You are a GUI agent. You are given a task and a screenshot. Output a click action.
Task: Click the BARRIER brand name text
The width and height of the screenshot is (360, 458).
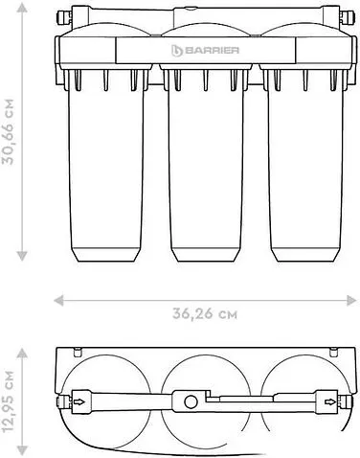(212, 50)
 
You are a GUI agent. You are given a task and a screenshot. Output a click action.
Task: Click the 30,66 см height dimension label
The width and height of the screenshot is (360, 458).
(9, 131)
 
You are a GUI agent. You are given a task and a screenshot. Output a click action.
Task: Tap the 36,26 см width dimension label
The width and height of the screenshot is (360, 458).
(205, 314)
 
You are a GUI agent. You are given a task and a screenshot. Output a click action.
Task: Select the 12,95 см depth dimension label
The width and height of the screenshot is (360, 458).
(9, 401)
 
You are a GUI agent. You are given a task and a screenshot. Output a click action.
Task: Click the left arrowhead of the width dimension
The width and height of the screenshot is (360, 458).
(58, 300)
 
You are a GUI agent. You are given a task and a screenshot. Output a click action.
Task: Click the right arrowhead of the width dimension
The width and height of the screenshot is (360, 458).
(351, 300)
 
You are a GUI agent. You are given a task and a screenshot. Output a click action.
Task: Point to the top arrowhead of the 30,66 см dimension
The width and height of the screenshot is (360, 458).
(22, 8)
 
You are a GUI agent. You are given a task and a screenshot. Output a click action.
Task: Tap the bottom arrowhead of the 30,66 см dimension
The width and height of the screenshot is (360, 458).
(22, 256)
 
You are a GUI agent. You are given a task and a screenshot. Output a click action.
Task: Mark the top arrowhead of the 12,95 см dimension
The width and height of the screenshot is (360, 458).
(22, 353)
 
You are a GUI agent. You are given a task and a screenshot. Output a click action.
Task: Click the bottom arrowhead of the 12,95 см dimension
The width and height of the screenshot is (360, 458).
(22, 449)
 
